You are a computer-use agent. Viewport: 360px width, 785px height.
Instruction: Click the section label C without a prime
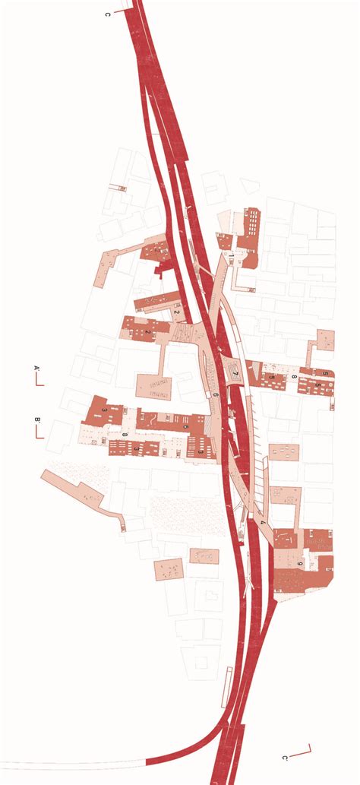[x=108, y=14]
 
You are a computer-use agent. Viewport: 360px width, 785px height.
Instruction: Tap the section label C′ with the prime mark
[x=285, y=758]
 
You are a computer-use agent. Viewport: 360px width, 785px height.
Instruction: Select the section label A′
[x=36, y=370]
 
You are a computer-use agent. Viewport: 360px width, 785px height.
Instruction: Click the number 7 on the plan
[x=236, y=375]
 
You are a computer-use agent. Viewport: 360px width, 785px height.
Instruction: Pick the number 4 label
[x=263, y=523]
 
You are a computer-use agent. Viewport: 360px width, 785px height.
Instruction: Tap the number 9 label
[x=301, y=563]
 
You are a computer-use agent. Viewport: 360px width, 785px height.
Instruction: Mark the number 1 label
[x=157, y=248]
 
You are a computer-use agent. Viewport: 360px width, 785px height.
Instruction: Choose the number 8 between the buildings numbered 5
[x=293, y=377]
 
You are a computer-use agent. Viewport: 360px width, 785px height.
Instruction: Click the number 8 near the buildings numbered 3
[x=125, y=435]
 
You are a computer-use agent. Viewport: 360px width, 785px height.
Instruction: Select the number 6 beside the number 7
[x=216, y=395]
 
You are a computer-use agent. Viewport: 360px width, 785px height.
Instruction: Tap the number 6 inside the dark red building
[x=186, y=427]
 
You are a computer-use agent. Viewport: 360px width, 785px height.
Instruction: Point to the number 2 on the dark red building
[x=147, y=331]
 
